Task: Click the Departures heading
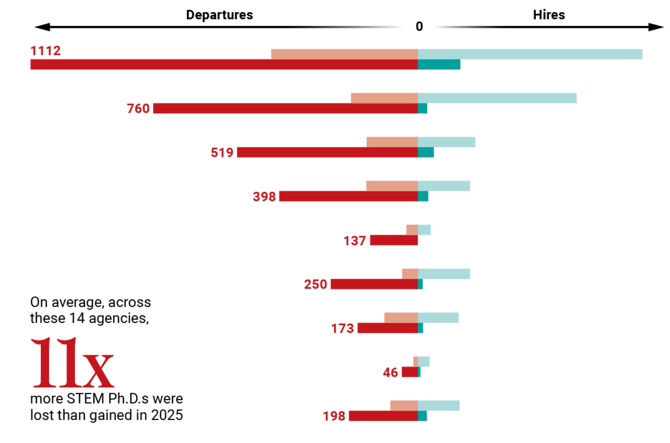(x=220, y=15)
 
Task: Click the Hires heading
(x=549, y=15)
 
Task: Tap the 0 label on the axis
(x=419, y=26)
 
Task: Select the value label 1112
(x=46, y=51)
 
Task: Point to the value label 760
(x=138, y=109)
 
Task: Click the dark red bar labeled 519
(x=327, y=152)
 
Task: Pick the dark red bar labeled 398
(x=348, y=196)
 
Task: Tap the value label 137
(x=355, y=241)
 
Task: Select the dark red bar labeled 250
(x=374, y=284)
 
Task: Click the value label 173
(x=343, y=328)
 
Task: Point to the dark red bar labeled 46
(x=410, y=372)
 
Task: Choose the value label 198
(x=334, y=416)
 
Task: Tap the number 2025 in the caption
(x=167, y=415)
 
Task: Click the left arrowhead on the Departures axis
(x=42, y=27)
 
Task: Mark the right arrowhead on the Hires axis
(x=656, y=27)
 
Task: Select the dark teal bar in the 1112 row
(x=439, y=65)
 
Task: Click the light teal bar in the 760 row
(x=497, y=98)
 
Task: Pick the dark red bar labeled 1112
(x=224, y=65)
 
